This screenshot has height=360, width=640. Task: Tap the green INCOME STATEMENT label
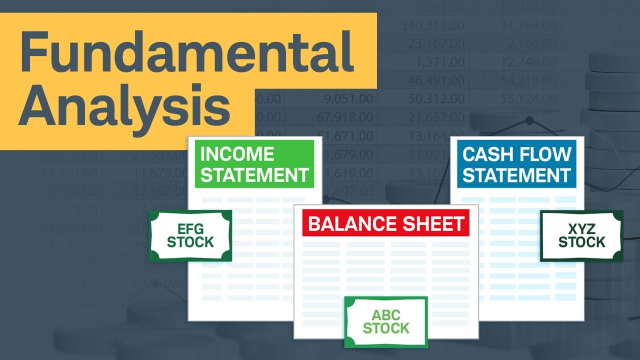(x=254, y=164)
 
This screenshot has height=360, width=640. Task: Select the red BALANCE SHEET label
(x=386, y=223)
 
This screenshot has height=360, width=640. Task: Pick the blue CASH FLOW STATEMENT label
(x=516, y=164)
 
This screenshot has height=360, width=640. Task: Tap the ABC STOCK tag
(x=386, y=322)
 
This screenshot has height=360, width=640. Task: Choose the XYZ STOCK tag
(x=581, y=236)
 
